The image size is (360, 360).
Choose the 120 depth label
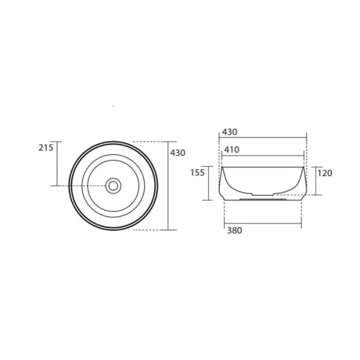pyautogui.click(x=325, y=173)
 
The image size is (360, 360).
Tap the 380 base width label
pyautogui.click(x=235, y=232)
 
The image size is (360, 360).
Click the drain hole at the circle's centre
pyautogui.click(x=113, y=185)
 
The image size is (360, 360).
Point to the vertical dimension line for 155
pyautogui.click(x=209, y=182)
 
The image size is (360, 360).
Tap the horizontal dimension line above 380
pyautogui.click(x=263, y=224)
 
